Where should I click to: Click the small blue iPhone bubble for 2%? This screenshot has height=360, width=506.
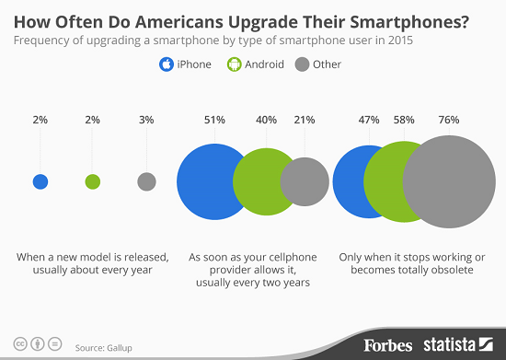(x=40, y=181)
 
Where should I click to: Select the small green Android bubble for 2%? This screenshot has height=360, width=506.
(x=92, y=181)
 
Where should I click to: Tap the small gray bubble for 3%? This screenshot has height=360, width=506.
(x=145, y=181)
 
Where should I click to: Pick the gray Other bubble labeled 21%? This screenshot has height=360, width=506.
(x=305, y=181)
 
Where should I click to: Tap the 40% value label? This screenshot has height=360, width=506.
(x=267, y=120)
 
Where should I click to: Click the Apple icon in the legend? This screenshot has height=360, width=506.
(x=167, y=64)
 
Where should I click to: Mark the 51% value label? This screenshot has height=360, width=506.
(x=213, y=120)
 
